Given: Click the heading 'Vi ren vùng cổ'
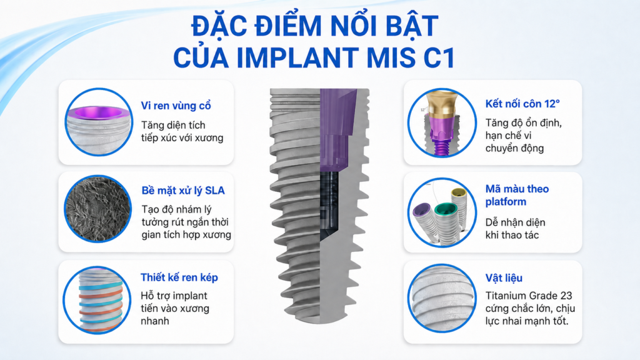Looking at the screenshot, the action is (x=176, y=106).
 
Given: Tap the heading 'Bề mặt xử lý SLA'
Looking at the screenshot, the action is (x=183, y=190).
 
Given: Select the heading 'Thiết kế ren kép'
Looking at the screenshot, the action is (x=179, y=277).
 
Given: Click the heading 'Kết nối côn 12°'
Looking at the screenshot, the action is (x=522, y=104).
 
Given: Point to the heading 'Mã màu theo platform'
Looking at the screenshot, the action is (x=517, y=195).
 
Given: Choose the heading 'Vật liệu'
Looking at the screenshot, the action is (x=504, y=278).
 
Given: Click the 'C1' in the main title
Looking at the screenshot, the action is (x=439, y=58).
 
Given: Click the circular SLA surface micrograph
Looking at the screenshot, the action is (x=98, y=209).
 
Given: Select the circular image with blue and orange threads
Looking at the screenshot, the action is (x=97, y=301).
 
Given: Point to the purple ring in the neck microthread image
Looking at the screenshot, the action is (x=97, y=112).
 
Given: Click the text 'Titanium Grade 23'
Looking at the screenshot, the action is (x=529, y=296).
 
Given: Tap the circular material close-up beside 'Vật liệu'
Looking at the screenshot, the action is (x=442, y=298).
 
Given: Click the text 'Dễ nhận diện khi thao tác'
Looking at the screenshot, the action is (x=515, y=229).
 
